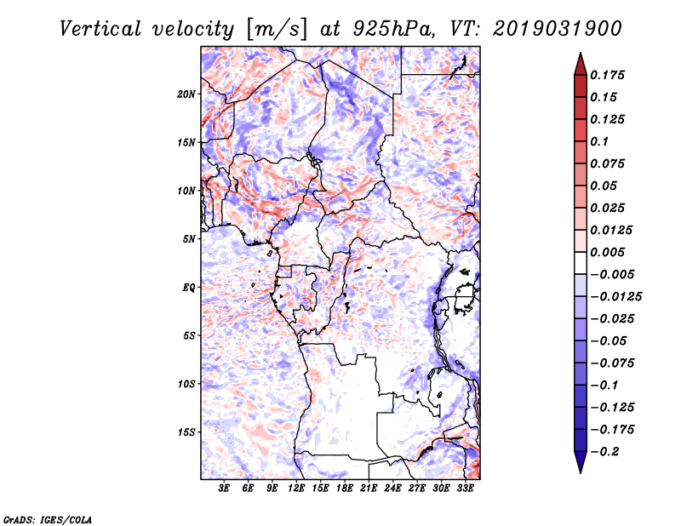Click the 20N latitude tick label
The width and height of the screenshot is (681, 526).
pyautogui.click(x=186, y=94)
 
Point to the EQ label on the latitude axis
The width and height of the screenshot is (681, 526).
pyautogui.click(x=189, y=288)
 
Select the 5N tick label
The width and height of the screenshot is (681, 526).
pyautogui.click(x=189, y=239)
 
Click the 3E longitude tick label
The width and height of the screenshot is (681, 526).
pyautogui.click(x=224, y=489)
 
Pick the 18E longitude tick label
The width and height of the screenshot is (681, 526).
pyautogui.click(x=345, y=489)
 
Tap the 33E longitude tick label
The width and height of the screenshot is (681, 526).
pyautogui.click(x=465, y=489)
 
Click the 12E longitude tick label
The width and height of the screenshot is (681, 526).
pyautogui.click(x=296, y=489)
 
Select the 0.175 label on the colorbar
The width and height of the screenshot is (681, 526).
pyautogui.click(x=607, y=75)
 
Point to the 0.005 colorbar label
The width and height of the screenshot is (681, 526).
pyautogui.click(x=607, y=252)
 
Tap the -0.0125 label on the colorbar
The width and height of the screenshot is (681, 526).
pyautogui.click(x=615, y=297)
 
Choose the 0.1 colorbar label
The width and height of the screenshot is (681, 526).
pyautogui.click(x=599, y=141)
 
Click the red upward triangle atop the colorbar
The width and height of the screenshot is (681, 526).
pyautogui.click(x=581, y=65)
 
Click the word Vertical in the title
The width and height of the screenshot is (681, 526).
pyautogui.click(x=100, y=29)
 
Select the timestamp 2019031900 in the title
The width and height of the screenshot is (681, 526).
pyautogui.click(x=558, y=29)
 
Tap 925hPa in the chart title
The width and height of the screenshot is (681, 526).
pyautogui.click(x=393, y=29)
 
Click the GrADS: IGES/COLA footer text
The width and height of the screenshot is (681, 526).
pyautogui.click(x=48, y=520)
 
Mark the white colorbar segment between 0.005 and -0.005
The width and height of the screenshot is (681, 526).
pyautogui.click(x=581, y=263)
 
